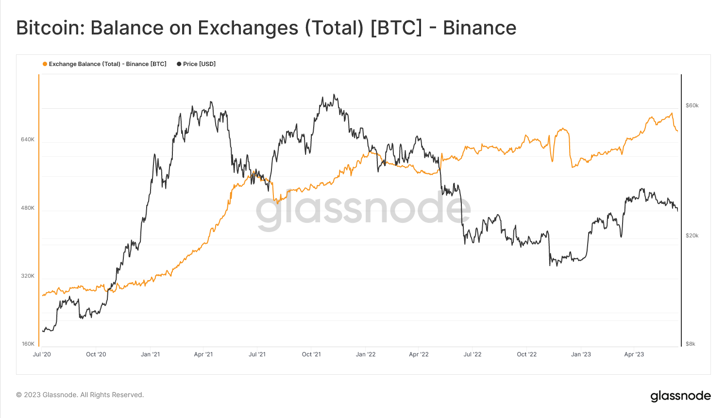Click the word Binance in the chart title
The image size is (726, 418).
[479, 28]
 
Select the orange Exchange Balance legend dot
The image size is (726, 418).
[45, 64]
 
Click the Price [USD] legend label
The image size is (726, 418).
[199, 64]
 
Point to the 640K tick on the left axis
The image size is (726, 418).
[28, 140]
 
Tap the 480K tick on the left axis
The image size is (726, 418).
[28, 208]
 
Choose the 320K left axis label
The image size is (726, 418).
[28, 276]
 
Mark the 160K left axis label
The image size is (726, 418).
[28, 344]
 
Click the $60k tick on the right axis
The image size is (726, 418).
[692, 105]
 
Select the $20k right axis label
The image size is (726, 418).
[692, 235]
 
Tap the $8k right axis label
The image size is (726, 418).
[690, 344]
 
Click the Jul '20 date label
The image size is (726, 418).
[42, 354]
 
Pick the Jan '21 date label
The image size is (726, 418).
[150, 354]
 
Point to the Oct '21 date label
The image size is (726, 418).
[311, 354]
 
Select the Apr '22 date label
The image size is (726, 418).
[419, 354]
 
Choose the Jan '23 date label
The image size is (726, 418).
[581, 354]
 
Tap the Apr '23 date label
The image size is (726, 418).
[634, 354]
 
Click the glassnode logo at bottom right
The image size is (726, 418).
[680, 396]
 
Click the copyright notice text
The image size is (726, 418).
[80, 395]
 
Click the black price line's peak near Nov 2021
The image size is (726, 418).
[334, 95]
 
